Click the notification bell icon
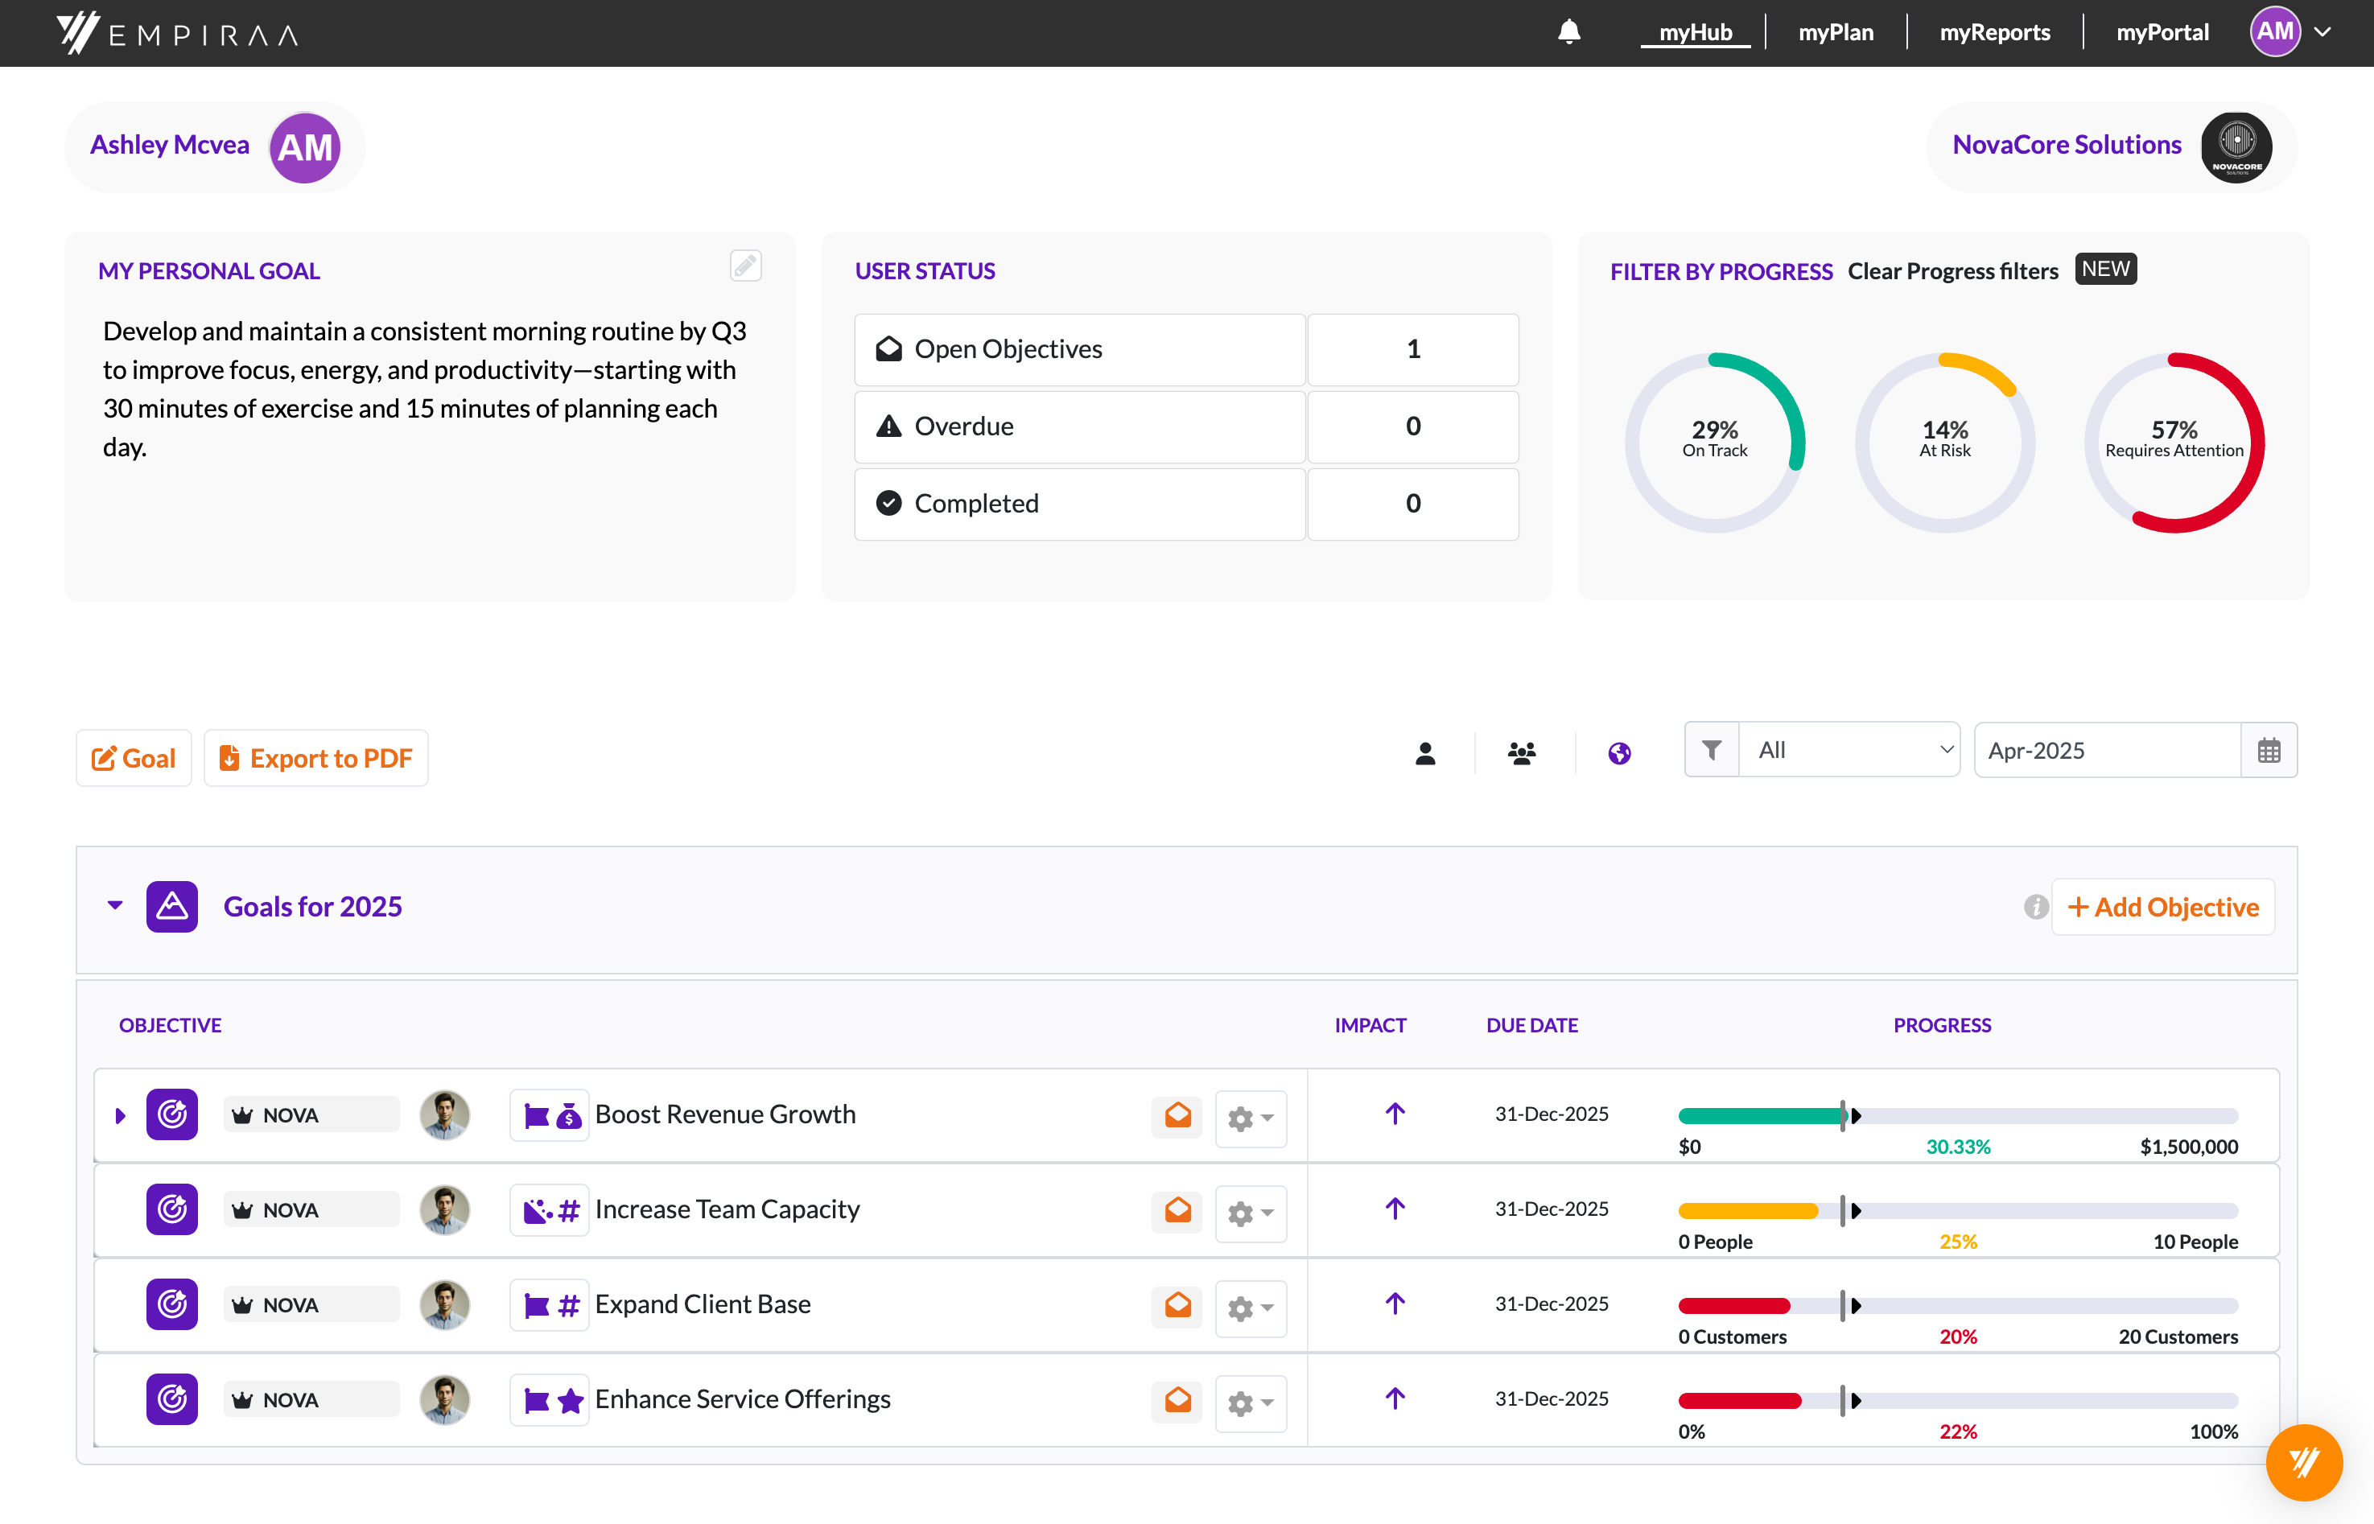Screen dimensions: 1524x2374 pyautogui.click(x=1568, y=33)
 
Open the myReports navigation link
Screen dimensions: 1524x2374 pyautogui.click(x=1994, y=33)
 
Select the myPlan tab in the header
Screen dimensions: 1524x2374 pyautogui.click(x=1836, y=33)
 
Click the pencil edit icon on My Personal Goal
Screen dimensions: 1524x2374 pyautogui.click(x=745, y=266)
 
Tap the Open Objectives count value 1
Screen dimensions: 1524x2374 pyautogui.click(x=1412, y=349)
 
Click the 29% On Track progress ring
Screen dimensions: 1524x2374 pyautogui.click(x=1714, y=442)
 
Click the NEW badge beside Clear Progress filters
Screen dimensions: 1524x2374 pyautogui.click(x=2105, y=270)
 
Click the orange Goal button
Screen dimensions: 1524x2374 pyautogui.click(x=134, y=758)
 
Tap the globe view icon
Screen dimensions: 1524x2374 pyautogui.click(x=1619, y=754)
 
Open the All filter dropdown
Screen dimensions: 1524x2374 pyautogui.click(x=1848, y=750)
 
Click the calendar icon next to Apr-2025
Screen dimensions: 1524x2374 pyautogui.click(x=2268, y=751)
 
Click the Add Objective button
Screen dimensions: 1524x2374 pyautogui.click(x=2162, y=907)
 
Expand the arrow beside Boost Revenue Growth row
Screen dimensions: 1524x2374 pyautogui.click(x=120, y=1115)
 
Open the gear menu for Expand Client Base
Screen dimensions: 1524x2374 pyautogui.click(x=1250, y=1308)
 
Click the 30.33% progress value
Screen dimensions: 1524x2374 pyautogui.click(x=1957, y=1147)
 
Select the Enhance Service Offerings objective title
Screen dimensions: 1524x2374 pyautogui.click(x=742, y=1399)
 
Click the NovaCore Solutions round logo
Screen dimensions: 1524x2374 pyautogui.click(x=2236, y=146)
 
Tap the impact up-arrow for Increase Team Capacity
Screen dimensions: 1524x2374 pyautogui.click(x=1395, y=1209)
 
